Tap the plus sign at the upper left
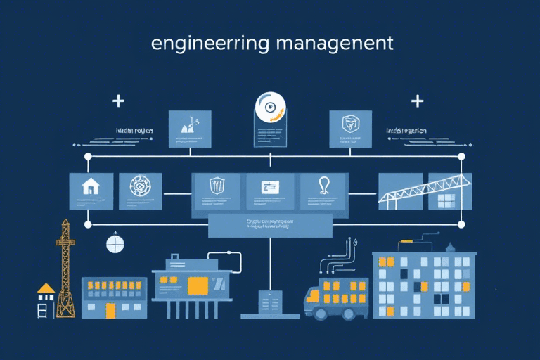click(118, 101)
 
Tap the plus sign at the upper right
click(418, 101)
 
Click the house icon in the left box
click(91, 187)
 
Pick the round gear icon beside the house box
click(141, 188)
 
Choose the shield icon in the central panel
click(217, 186)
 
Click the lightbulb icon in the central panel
click(324, 186)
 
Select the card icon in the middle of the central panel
click(271, 187)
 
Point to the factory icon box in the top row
click(190, 128)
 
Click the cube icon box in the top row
click(349, 127)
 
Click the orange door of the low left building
click(110, 309)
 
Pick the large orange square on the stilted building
click(198, 285)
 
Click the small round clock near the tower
click(115, 243)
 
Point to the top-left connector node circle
click(88, 156)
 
